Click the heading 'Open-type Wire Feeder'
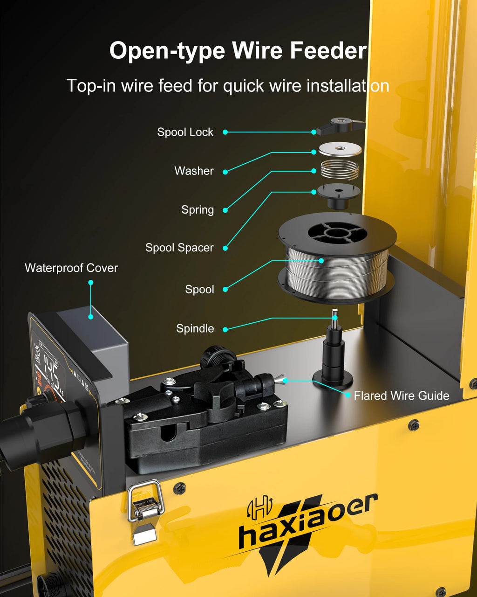[238, 50]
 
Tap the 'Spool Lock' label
[185, 132]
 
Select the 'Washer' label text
[194, 171]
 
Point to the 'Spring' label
[198, 210]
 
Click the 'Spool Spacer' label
[179, 248]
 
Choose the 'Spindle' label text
[195, 328]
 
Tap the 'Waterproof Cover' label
[71, 268]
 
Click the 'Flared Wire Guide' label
[401, 396]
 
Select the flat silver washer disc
[340, 149]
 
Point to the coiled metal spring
[340, 170]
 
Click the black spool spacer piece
[339, 195]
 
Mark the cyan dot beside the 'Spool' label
[225, 290]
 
